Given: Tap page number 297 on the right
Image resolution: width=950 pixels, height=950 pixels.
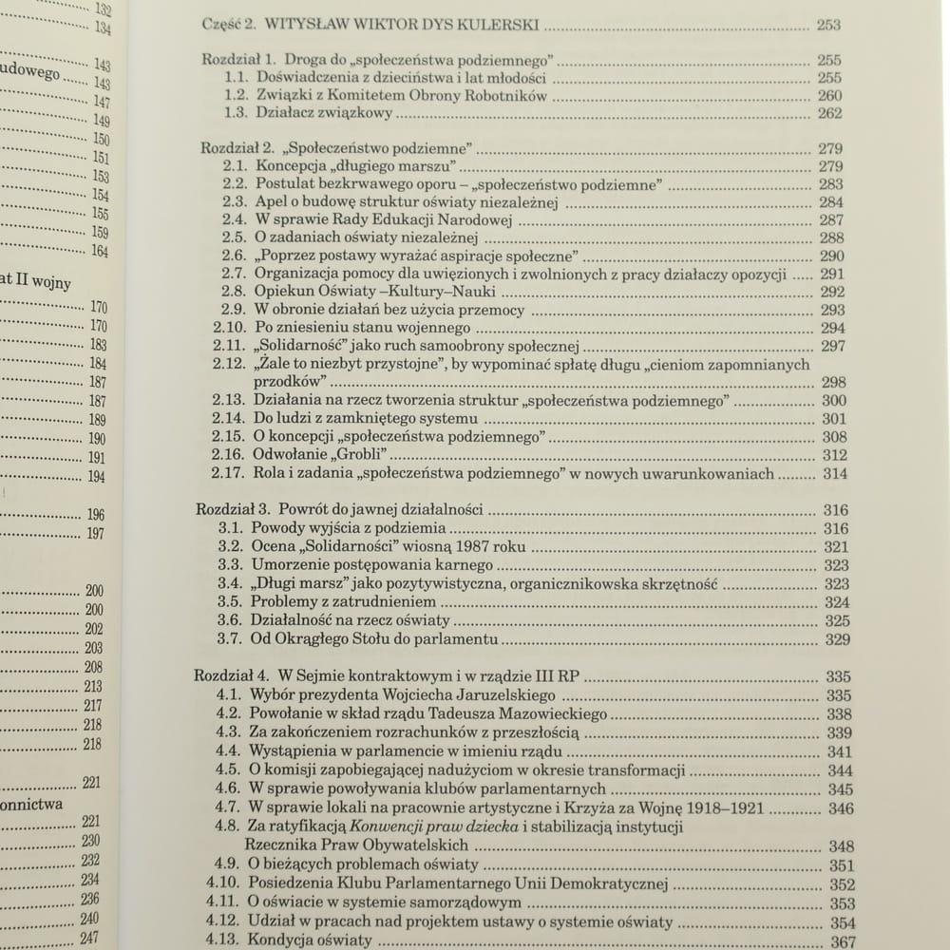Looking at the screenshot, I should [x=831, y=347].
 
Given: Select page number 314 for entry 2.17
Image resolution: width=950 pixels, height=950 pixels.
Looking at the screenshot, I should [x=834, y=474].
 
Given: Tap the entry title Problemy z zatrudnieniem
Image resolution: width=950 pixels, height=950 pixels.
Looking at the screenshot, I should [x=343, y=602].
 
